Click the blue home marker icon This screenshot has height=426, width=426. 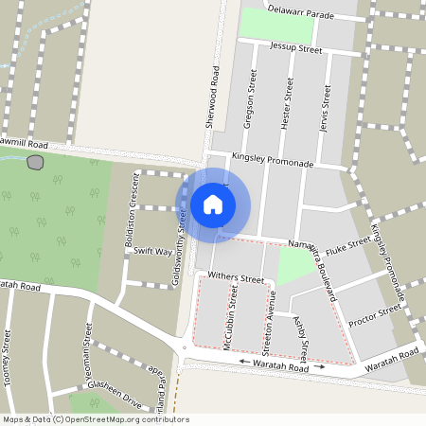(213, 204)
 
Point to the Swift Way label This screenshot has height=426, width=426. (152, 252)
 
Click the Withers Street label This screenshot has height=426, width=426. (236, 279)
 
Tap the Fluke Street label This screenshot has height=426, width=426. (347, 247)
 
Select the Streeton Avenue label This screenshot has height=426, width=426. (269, 319)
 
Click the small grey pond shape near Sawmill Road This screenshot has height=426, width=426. (36, 162)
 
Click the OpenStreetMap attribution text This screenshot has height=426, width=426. (96, 419)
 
